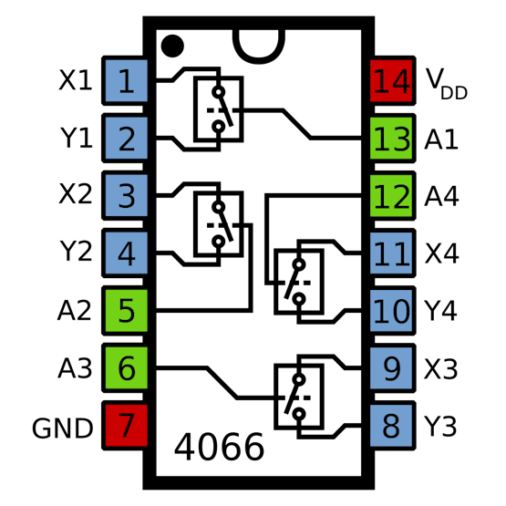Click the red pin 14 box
pos(392,80)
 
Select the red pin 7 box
pos(126,426)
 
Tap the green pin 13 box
pos(392,138)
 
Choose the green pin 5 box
pos(126,311)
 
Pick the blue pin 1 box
pos(126,80)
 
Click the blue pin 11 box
pos(392,253)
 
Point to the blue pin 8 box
pos(392,426)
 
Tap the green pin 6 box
pos(126,368)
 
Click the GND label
pos(63,429)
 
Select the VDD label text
pos(447,84)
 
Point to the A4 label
pos(441,196)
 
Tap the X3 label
pos(441,369)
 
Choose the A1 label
pos(441,139)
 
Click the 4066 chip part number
pos(219,448)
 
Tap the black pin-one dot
pos(172,46)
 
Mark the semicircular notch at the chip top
pos(259,60)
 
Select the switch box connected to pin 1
pos(194,109)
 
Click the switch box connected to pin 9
pos(275,397)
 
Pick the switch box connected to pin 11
pos(275,282)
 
